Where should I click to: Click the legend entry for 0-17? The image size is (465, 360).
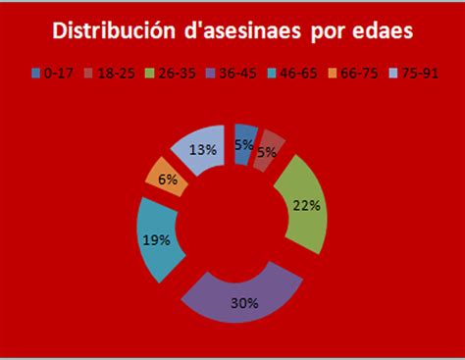[55, 73]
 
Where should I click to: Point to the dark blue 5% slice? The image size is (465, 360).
[245, 143]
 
